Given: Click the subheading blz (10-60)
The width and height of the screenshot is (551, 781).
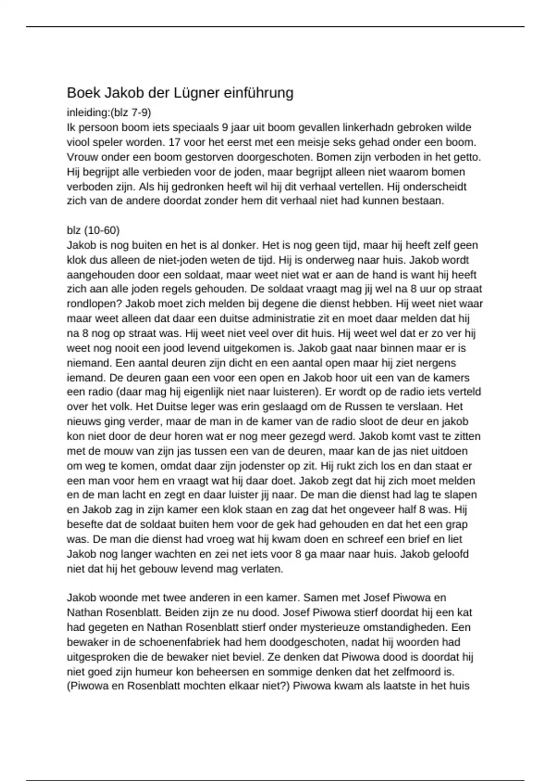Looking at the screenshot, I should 93,230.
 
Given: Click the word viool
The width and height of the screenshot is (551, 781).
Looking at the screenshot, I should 79,142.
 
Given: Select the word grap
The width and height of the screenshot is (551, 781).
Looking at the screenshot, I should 457,524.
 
